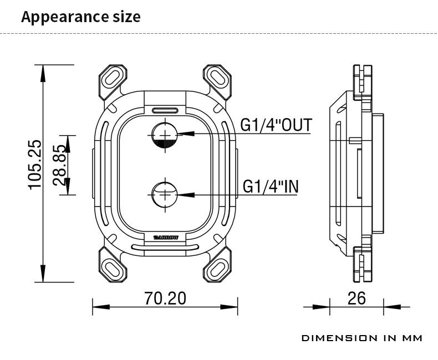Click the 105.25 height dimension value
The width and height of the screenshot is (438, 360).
(x=35, y=165)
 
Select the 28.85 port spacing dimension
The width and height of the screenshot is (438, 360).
(x=59, y=165)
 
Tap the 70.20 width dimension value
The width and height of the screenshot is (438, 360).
(x=165, y=298)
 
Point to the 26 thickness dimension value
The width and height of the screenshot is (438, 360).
(x=356, y=298)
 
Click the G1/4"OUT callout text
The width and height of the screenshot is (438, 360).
(x=276, y=125)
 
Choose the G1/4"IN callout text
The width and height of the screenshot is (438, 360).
(x=271, y=186)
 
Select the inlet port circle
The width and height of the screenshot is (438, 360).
(x=165, y=194)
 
